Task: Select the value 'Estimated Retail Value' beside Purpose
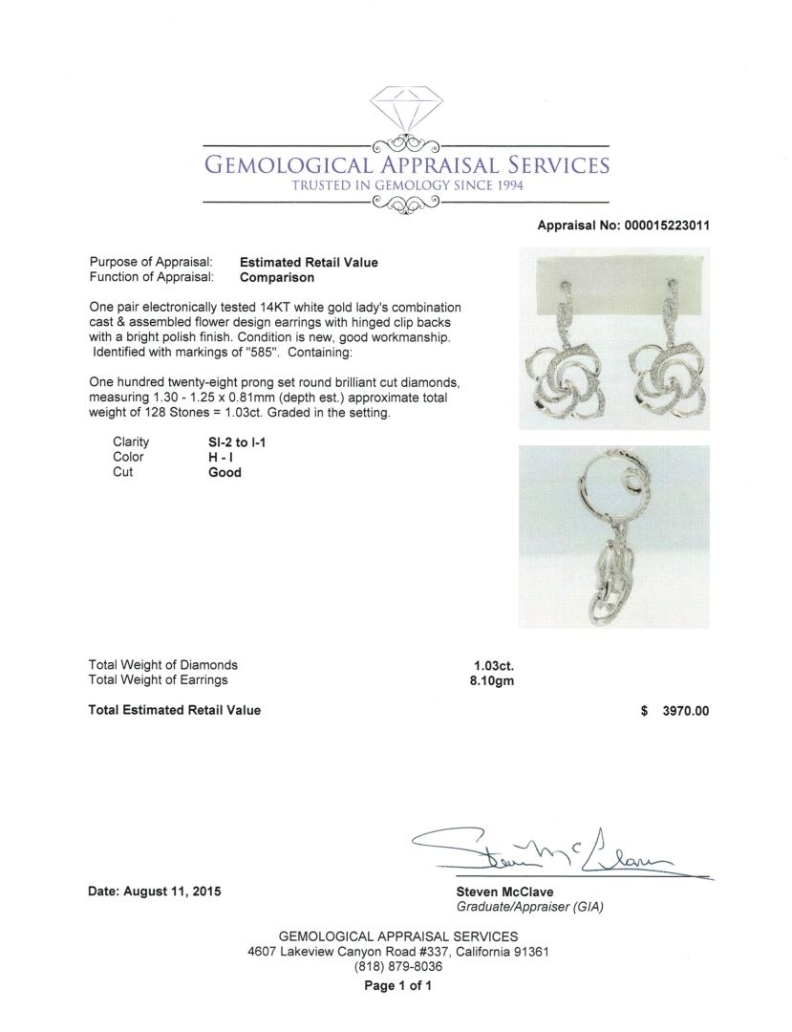[x=309, y=262]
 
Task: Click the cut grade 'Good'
[x=225, y=472]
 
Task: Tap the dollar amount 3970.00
[x=679, y=710]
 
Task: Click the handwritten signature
[x=554, y=850]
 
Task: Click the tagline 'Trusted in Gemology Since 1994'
[x=408, y=184]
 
